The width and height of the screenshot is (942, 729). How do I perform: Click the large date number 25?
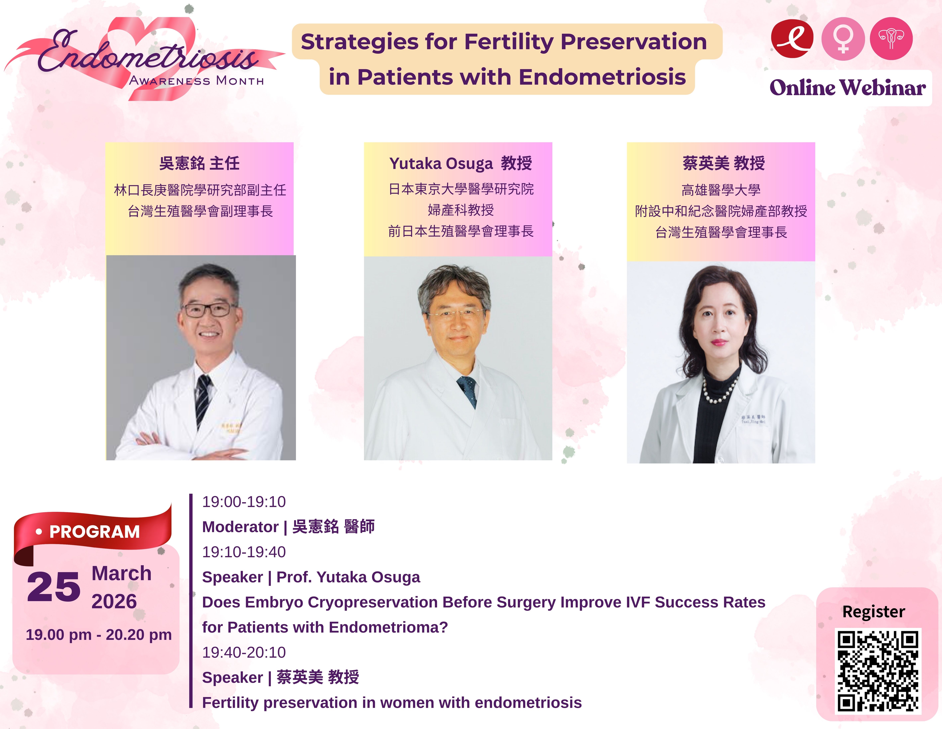click(54, 586)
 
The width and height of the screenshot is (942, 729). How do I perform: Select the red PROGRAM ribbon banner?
click(93, 533)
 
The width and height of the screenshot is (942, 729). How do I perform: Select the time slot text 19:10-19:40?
click(244, 552)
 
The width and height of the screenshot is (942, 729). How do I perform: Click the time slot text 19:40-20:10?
click(244, 652)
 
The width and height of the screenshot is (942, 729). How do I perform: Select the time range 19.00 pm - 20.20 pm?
click(99, 635)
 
